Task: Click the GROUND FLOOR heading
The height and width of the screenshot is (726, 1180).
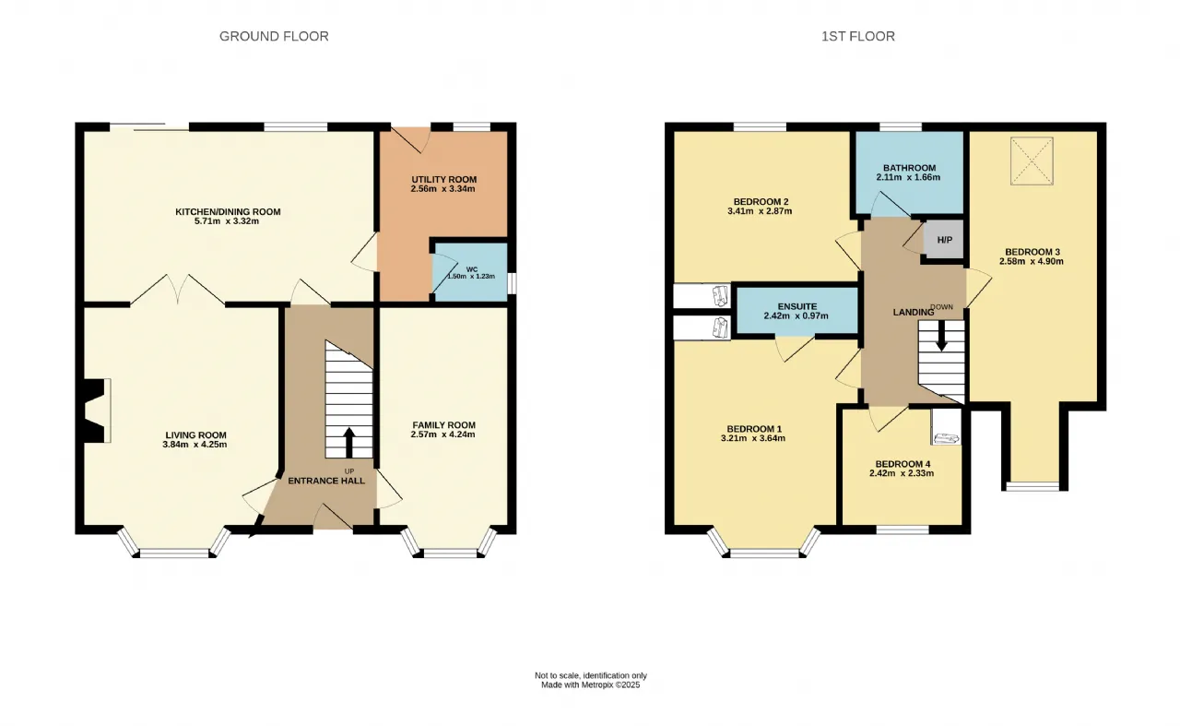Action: (274, 36)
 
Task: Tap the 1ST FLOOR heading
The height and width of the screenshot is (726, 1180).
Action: (858, 36)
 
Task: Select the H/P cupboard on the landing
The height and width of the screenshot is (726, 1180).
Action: (944, 240)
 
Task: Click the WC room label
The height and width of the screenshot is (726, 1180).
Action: (471, 269)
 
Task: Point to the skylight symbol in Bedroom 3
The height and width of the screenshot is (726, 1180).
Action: (1032, 161)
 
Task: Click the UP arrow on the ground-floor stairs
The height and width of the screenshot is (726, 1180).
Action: (348, 443)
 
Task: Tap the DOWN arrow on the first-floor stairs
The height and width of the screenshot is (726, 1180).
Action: (941, 336)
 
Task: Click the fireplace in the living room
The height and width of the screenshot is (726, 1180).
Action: (95, 411)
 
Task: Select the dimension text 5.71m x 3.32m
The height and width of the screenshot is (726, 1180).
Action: (227, 221)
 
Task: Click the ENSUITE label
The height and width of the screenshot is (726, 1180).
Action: (797, 306)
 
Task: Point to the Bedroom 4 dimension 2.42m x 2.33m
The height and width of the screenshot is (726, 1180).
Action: (902, 473)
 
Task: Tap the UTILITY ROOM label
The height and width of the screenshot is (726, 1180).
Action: (443, 179)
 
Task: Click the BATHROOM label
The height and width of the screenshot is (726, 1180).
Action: (909, 168)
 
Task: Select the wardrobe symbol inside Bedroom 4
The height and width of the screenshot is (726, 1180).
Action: (946, 426)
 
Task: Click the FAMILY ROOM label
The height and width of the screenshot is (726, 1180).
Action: (443, 425)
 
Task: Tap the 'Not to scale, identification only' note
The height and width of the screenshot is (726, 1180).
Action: (591, 675)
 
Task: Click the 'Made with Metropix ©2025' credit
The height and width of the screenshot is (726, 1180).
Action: (591, 684)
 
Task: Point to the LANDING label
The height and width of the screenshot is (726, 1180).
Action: (913, 312)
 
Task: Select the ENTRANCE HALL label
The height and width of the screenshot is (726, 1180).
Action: (326, 481)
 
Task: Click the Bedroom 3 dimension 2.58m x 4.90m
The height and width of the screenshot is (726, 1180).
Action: (1031, 261)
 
